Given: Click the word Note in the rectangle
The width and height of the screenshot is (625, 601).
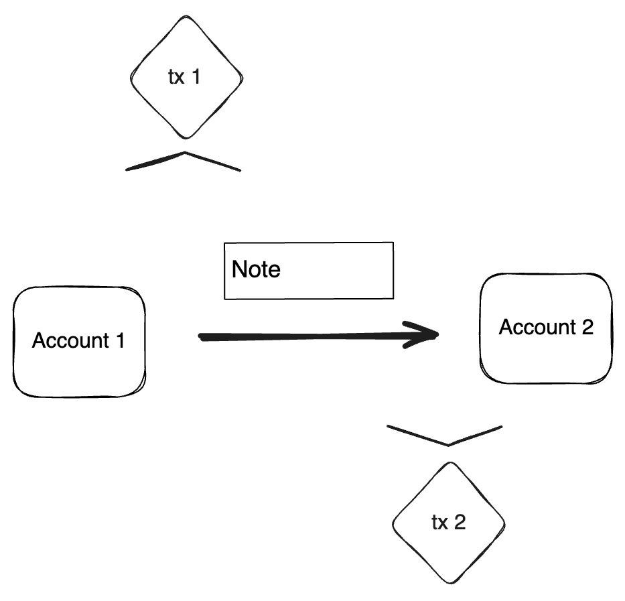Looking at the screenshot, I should pos(256,270).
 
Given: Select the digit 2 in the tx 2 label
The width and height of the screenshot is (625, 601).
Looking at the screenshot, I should pos(459,523).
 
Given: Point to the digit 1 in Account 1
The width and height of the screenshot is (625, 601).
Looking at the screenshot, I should pos(119,340).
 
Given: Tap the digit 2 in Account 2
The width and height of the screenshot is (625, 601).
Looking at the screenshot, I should pos(587,328).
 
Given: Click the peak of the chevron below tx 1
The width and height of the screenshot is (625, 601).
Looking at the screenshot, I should pos(184,153).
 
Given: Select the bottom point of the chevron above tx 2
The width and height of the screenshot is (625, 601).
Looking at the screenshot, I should pos(447,444).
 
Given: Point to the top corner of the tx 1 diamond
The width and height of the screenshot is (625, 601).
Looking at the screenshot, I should pos(186,19).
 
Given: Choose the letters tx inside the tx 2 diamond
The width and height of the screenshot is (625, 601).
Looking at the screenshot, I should pos(439,523).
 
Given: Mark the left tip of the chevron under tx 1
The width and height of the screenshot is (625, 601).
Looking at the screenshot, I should pos(127,170).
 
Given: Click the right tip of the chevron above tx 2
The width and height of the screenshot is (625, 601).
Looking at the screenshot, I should pos(501,425).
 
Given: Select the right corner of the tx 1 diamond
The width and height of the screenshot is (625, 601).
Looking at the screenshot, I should pos(242,78).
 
